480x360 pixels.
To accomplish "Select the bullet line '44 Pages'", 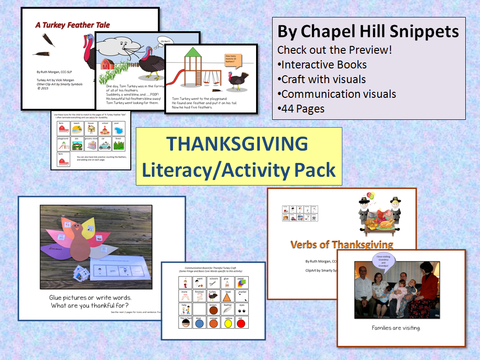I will [x=301, y=109].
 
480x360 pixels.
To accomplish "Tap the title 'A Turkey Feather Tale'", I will [x=73, y=25].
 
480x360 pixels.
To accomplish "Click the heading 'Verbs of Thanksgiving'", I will [x=342, y=244].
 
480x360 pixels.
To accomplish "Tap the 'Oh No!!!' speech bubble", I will [x=163, y=40].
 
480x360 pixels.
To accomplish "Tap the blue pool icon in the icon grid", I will [x=120, y=129].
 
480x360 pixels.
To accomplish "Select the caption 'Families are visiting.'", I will [x=401, y=328].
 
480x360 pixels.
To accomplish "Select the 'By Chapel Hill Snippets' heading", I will [x=368, y=32].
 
